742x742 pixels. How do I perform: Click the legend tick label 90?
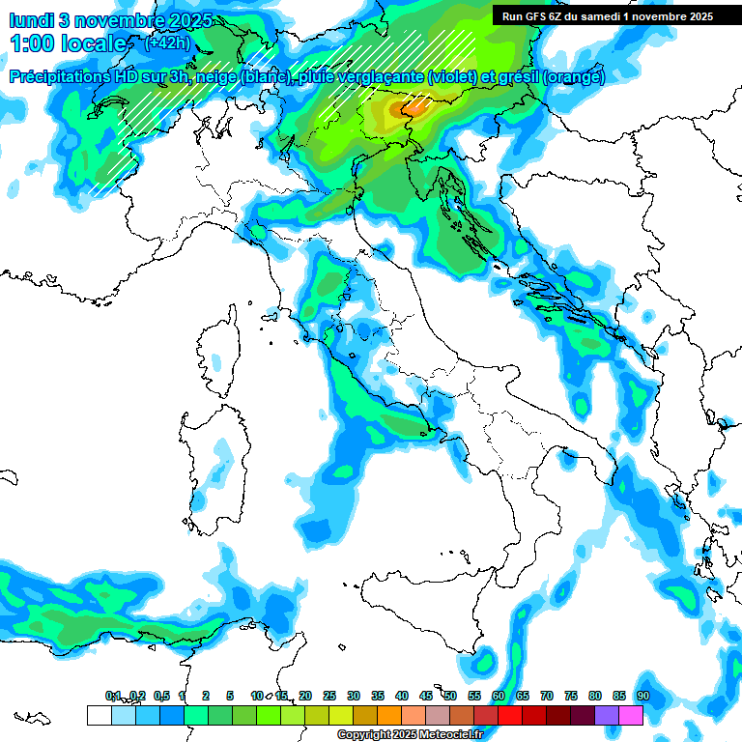pos(642,696)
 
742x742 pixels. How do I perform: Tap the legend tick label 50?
pos(449,696)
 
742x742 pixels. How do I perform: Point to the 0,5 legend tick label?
pos(161,696)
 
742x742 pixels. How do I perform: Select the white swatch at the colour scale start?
pos(99,715)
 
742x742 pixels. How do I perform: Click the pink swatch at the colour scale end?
pos(631,715)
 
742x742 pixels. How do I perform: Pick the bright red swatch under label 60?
pos(510,715)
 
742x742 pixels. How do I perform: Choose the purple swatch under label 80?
pos(607,715)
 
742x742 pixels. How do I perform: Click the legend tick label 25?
pos(328,696)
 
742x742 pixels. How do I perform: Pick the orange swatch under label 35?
pos(389,715)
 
